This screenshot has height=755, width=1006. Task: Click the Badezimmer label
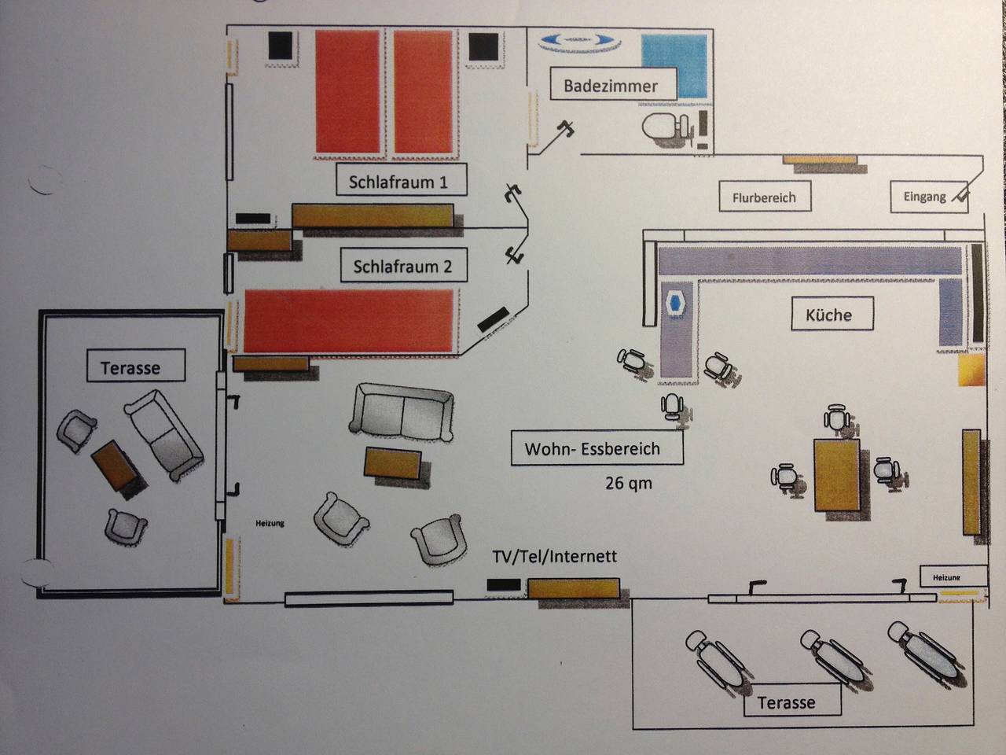tap(610, 85)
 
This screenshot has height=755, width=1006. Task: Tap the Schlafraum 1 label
tap(398, 182)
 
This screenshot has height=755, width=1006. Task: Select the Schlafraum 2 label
tap(402, 266)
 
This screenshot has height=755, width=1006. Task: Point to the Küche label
tap(828, 315)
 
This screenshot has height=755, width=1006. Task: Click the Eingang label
tap(924, 197)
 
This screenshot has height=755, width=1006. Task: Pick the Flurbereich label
tap(764, 197)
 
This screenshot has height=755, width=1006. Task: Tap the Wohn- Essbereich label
tap(593, 448)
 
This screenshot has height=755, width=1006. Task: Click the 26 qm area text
tap(628, 482)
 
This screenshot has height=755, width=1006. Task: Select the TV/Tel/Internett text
tap(554, 556)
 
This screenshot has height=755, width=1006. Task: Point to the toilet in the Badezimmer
tap(663, 126)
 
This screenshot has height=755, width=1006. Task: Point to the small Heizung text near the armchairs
tap(270, 523)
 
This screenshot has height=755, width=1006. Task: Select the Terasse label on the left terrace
tap(130, 367)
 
